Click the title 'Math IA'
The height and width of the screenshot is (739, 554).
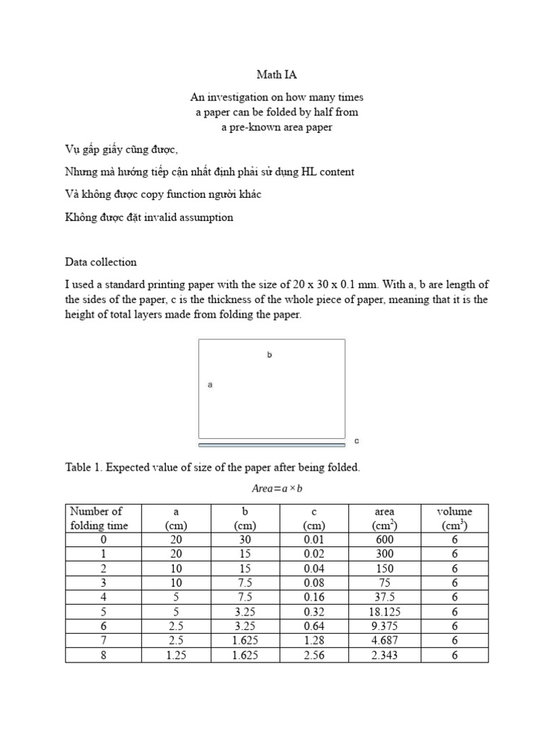click(276, 74)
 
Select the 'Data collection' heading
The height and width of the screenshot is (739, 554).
click(100, 262)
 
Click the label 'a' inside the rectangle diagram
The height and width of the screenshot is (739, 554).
click(210, 385)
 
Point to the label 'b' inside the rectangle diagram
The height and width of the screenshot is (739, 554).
click(269, 355)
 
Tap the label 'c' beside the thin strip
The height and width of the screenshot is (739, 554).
click(356, 440)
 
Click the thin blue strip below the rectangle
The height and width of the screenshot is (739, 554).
click(271, 445)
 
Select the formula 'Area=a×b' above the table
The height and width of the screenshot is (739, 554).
click(276, 489)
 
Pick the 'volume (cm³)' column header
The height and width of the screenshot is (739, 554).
click(454, 518)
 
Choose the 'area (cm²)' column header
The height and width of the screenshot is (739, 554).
click(385, 518)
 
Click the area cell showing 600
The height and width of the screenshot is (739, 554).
click(385, 539)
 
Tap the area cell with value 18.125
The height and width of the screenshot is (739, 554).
click(385, 612)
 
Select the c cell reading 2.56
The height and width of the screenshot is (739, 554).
click(314, 655)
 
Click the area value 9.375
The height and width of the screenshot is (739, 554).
click(385, 626)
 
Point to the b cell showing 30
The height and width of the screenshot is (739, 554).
click(245, 539)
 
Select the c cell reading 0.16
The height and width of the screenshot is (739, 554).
click(314, 598)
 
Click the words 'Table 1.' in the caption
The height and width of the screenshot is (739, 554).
click(84, 468)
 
